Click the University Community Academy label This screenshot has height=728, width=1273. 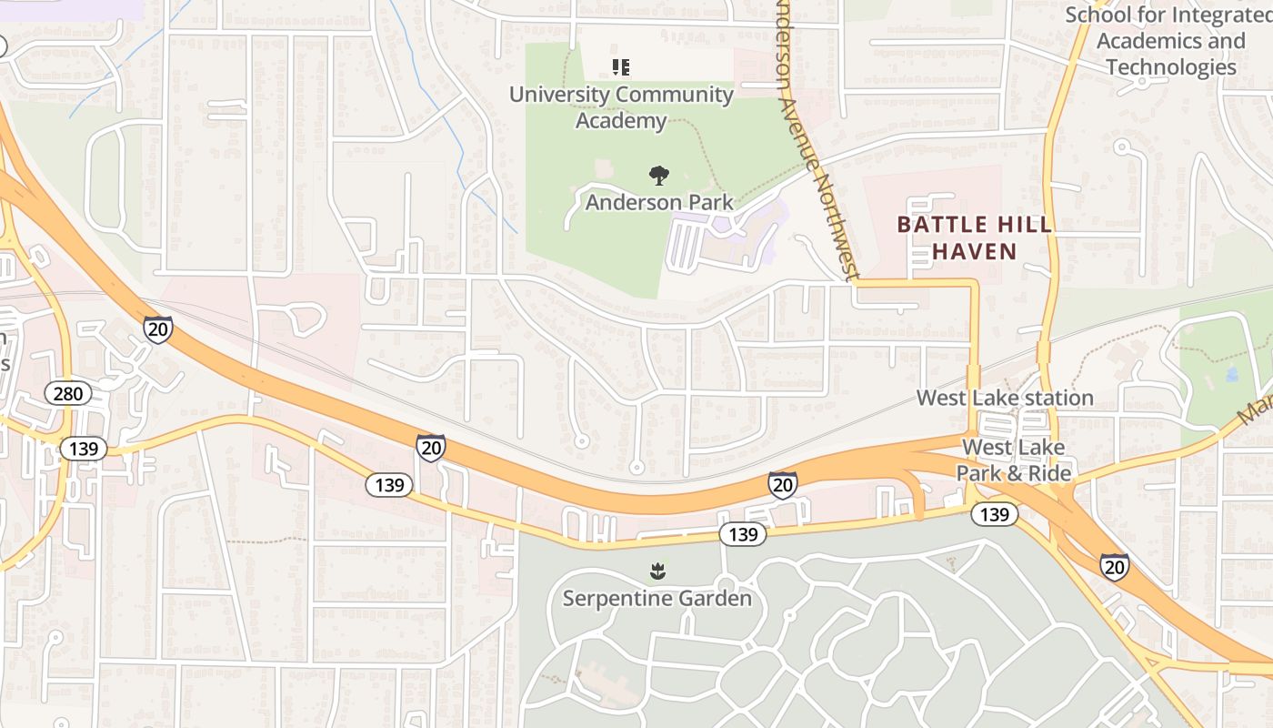coord(621,106)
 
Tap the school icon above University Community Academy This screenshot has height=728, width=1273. coord(621,66)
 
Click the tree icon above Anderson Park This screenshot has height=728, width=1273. coord(658,175)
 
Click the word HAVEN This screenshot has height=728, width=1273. coord(975,251)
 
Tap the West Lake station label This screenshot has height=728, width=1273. coord(1005,398)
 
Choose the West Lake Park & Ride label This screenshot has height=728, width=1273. coord(1013,460)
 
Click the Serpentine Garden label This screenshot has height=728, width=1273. coord(657,598)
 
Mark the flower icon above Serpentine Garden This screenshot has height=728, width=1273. coord(657,571)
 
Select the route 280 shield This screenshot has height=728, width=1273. coord(68,394)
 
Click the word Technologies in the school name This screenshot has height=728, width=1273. coord(1171,66)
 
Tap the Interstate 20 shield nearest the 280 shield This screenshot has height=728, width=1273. coord(158,329)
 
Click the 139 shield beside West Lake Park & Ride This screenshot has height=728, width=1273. coord(995,514)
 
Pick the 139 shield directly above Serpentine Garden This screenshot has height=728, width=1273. coord(743,534)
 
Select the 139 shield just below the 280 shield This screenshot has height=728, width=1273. coord(85,448)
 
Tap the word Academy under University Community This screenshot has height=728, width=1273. coord(621,120)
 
